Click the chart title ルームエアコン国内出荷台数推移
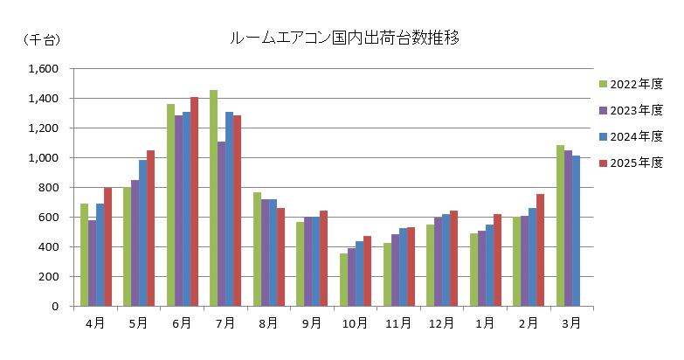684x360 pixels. pyautogui.click(x=344, y=38)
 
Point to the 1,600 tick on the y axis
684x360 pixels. pyautogui.click(x=43, y=69)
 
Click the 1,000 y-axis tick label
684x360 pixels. pyautogui.click(x=43, y=158)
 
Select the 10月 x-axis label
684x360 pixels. pyautogui.click(x=355, y=323)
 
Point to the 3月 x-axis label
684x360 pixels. pyautogui.click(x=570, y=323)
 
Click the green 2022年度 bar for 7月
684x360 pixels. pyautogui.click(x=213, y=198)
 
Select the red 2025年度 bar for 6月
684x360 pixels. pyautogui.click(x=194, y=202)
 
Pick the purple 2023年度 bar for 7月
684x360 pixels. pyautogui.click(x=221, y=224)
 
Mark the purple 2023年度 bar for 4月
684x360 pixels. pyautogui.click(x=92, y=263)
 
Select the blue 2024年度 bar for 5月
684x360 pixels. pyautogui.click(x=142, y=233)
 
